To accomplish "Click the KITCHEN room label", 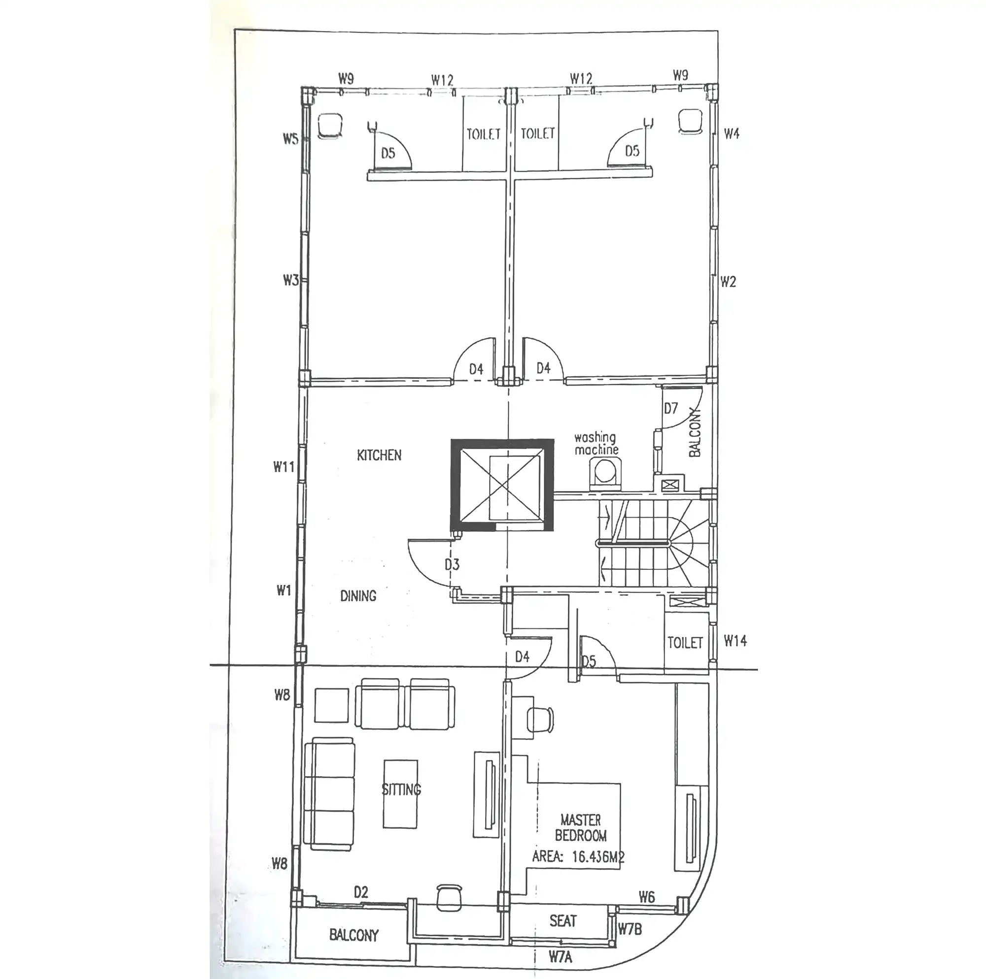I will (x=379, y=455).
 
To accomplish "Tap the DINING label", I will (x=358, y=595).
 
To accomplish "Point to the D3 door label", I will (x=452, y=564).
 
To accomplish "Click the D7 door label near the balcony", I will (x=670, y=408).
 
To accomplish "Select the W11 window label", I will (x=284, y=466).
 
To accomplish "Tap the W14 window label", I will (x=736, y=641).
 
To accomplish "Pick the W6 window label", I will (x=647, y=897).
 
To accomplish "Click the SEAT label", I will (x=563, y=921).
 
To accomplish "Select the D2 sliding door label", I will (x=361, y=892).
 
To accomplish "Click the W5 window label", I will (x=290, y=138).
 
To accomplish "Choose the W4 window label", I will (x=731, y=133).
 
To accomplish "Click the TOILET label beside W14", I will (x=685, y=643).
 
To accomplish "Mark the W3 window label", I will (x=290, y=280).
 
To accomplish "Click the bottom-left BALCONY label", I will (x=353, y=935).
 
